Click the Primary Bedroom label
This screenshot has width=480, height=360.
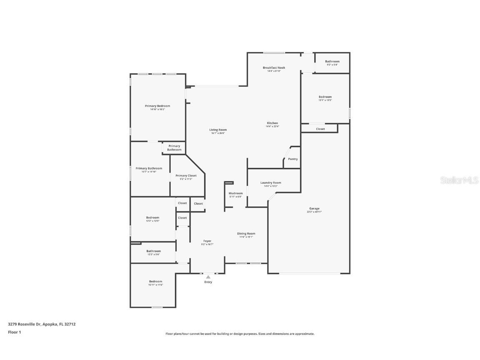pos(157,106)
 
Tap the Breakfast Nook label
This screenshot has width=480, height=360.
pos(274,67)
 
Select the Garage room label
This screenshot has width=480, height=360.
pos(314,208)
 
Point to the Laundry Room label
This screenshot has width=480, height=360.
pos(271,182)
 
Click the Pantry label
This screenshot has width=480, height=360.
pos(293,159)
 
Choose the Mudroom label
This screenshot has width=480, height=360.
pos(235,193)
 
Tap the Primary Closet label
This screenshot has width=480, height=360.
pos(186,175)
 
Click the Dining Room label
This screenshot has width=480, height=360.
pos(246,233)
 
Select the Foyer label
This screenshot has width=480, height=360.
pos(207,241)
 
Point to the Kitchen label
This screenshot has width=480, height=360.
pos(272,123)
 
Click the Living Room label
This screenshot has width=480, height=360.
pos(218,130)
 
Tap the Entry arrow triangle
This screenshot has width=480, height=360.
pos(208,277)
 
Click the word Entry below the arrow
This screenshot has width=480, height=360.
pos(208,282)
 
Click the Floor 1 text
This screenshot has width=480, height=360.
pos(14,332)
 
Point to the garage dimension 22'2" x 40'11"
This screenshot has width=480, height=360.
pos(314,212)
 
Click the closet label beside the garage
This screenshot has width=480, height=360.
pos(320,129)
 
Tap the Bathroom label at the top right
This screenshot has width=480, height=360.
pos(332,61)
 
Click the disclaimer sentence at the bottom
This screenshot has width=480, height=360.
pos(240,334)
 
